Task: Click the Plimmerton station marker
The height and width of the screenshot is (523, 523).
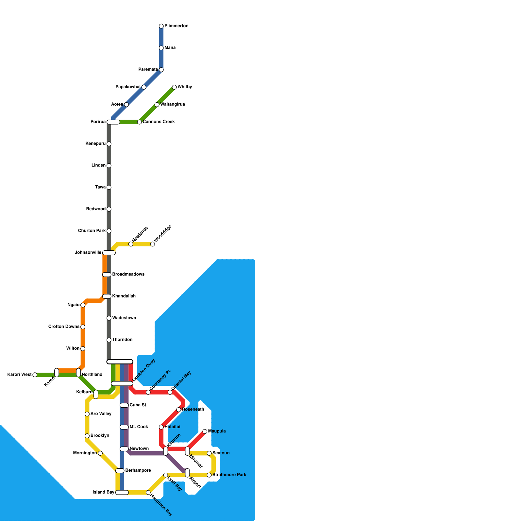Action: [x=161, y=26]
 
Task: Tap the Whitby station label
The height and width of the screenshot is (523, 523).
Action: [x=185, y=87]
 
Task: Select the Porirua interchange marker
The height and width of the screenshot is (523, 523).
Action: [x=113, y=122]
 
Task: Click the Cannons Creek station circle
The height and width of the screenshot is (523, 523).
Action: [x=140, y=122]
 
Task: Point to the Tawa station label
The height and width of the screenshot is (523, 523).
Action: [x=100, y=187]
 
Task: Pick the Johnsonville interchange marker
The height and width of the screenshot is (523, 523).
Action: [x=109, y=253]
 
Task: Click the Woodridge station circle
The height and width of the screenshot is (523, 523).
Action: [x=152, y=244]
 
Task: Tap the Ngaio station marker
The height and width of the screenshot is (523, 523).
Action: [x=83, y=305]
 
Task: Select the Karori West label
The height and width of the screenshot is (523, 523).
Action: [x=19, y=375]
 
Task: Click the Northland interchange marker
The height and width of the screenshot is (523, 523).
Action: [x=78, y=373]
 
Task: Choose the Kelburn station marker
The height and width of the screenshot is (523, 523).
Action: [x=96, y=395]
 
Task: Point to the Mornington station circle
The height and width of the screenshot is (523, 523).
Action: [x=100, y=453]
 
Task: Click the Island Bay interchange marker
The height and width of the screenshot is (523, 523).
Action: [x=122, y=493]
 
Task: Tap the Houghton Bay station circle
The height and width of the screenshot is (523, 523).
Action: [x=148, y=493]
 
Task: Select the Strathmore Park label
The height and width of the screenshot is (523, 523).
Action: [x=229, y=475]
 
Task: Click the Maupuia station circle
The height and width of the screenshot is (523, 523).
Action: [x=205, y=431]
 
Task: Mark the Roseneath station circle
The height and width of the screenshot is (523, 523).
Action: [x=178, y=410]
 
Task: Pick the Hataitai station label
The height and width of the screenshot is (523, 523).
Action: [x=172, y=427]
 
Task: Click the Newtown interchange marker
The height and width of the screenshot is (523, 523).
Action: [x=124, y=449]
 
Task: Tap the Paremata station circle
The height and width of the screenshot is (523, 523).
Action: [x=161, y=70]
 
